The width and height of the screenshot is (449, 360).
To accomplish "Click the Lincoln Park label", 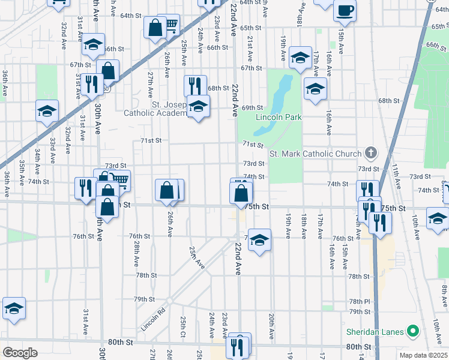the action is (x=279, y=117).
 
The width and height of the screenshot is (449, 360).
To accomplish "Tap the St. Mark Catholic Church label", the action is (x=315, y=154).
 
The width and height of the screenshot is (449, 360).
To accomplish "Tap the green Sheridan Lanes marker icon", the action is (x=412, y=331).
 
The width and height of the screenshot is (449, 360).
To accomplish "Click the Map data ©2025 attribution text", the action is (x=423, y=355).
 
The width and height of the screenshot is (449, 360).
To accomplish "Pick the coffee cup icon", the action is (x=345, y=10).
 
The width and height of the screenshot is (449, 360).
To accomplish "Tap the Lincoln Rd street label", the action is (x=152, y=320).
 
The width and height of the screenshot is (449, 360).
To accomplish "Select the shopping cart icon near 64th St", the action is (x=170, y=25).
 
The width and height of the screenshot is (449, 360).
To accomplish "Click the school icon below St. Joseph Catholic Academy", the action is (x=197, y=107).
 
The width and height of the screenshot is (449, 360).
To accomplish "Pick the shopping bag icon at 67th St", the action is (x=108, y=71).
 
